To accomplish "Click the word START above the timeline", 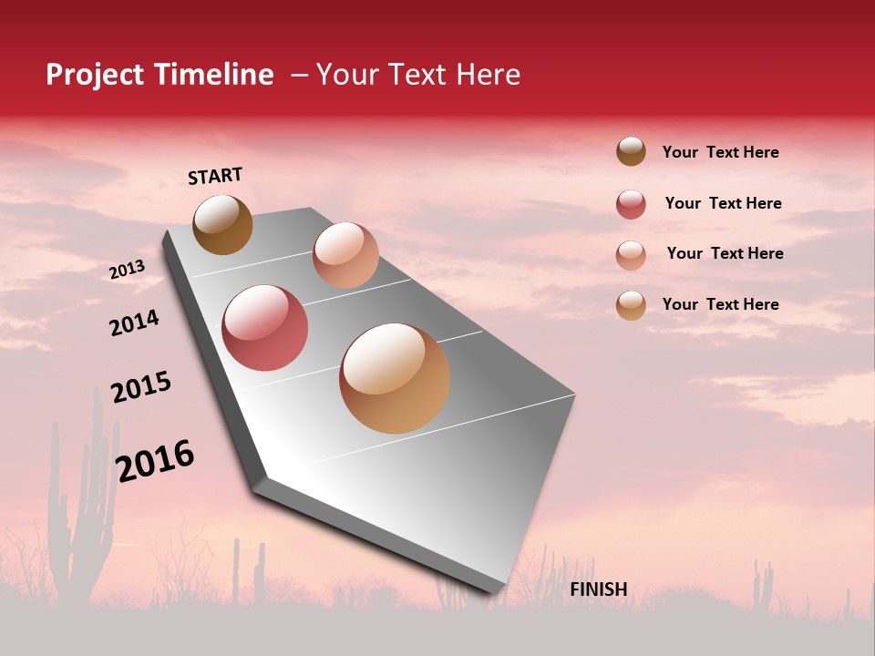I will tap(215, 176).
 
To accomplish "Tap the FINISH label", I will tap(598, 589).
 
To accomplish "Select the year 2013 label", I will tap(127, 270).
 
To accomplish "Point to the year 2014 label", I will tap(134, 323).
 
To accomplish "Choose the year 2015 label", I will tap(141, 387).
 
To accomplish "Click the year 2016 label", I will tap(155, 460).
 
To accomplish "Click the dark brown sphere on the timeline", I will tap(222, 224).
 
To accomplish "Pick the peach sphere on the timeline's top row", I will tap(345, 255).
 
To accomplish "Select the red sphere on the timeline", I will tap(265, 328).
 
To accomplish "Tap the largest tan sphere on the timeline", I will tap(395, 378).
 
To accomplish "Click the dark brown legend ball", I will tap(631, 151).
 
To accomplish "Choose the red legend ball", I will tap(631, 204).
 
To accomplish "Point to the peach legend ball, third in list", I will tap(631, 255).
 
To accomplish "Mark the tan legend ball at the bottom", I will tap(631, 305).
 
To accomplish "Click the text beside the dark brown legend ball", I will tap(720, 152).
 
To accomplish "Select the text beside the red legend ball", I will tap(723, 203).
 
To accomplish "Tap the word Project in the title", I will tap(96, 75).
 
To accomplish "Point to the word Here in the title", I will tap(488, 75).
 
